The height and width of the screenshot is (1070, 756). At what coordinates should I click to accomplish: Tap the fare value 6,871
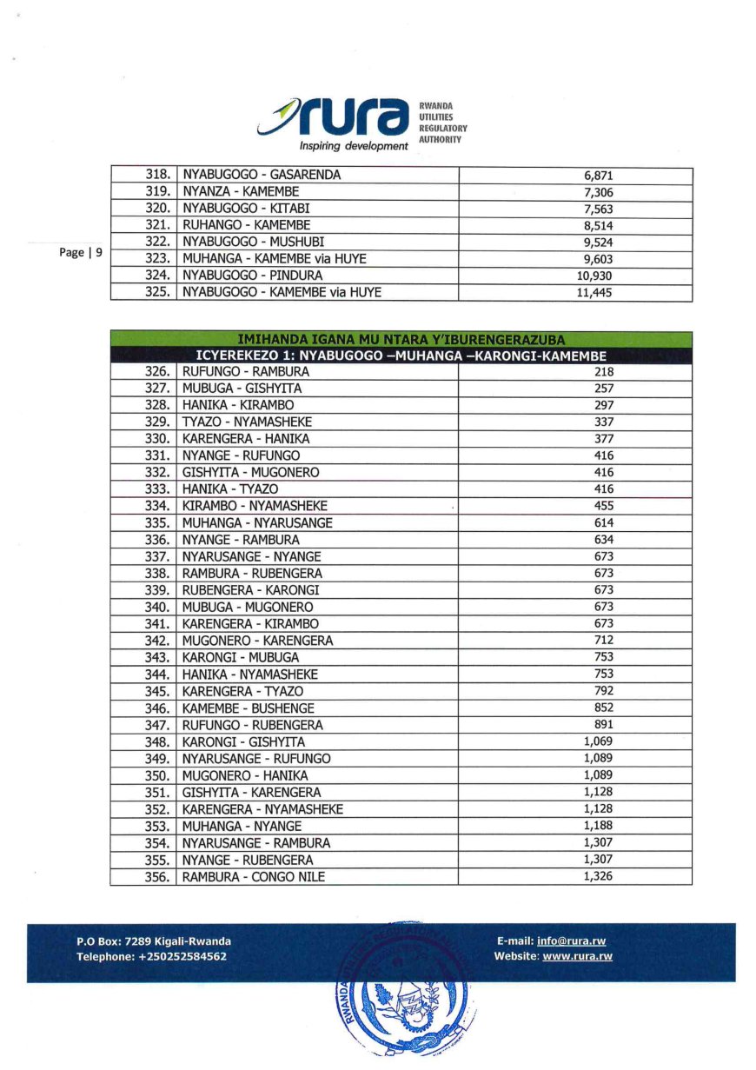(599, 176)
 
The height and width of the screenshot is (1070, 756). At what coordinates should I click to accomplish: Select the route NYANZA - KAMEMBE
(241, 192)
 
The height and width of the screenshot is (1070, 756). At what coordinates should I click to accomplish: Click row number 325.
(156, 293)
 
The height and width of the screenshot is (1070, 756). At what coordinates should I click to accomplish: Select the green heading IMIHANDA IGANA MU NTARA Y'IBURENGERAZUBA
(401, 340)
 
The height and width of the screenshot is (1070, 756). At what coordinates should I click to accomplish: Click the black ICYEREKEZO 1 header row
(401, 356)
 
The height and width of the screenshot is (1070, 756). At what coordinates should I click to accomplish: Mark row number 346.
(156, 708)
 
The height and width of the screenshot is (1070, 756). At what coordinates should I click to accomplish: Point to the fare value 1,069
(598, 741)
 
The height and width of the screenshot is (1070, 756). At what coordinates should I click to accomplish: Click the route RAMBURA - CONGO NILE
(254, 877)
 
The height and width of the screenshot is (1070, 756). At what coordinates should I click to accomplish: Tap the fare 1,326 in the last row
(598, 876)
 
